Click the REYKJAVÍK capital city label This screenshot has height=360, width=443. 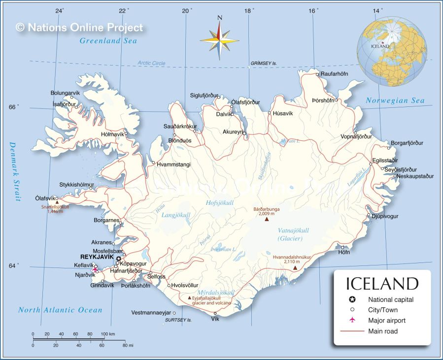coord(97,257)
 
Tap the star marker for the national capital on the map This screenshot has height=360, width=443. coord(118,258)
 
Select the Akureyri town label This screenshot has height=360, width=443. coord(233,132)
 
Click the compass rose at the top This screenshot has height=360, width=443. coord(219,38)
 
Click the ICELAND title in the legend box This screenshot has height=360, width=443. coord(382,284)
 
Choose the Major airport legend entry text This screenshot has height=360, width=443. coord(387,321)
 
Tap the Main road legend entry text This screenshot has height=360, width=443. coord(383,331)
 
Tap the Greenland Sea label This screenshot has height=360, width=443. coord(108,41)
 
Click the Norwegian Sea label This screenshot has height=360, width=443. coord(395,100)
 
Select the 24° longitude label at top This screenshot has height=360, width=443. coord(59,10)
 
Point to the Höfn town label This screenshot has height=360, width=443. coord(344,253)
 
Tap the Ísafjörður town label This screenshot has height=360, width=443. coord(65,104)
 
